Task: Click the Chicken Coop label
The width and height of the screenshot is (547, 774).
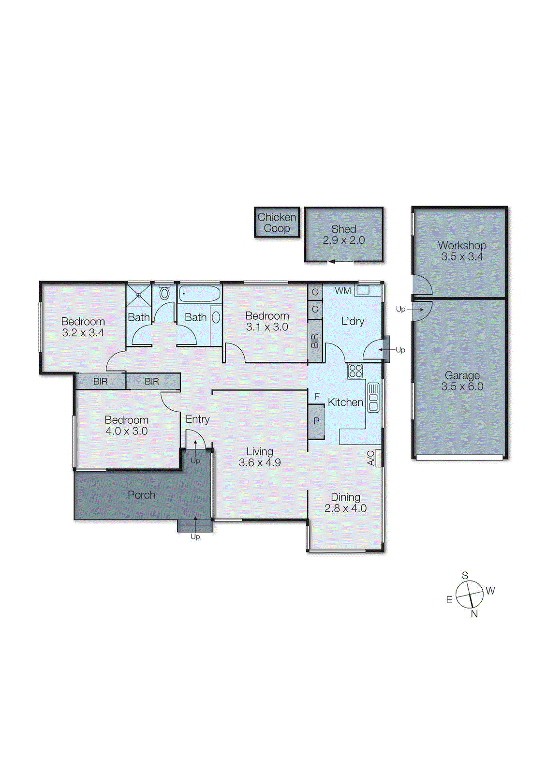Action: click(277, 223)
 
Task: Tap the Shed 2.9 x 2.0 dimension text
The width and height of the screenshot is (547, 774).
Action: click(344, 240)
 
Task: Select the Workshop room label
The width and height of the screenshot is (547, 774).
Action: click(462, 245)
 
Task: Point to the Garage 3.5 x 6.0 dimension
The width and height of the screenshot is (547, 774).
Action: click(462, 387)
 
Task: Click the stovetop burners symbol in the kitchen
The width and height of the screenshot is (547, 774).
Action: click(355, 371)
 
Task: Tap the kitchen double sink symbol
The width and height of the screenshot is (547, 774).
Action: click(373, 397)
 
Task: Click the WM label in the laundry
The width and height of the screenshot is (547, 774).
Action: click(343, 291)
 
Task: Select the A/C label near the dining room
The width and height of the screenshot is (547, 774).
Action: click(371, 458)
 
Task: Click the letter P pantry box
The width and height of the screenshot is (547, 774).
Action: click(316, 421)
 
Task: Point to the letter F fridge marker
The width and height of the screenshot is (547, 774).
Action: click(317, 396)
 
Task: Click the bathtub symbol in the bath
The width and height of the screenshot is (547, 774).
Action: click(199, 294)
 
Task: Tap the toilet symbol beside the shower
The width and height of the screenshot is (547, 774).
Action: click(164, 293)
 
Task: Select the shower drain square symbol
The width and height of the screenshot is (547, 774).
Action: click(138, 294)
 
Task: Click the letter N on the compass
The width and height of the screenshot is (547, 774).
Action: click(474, 614)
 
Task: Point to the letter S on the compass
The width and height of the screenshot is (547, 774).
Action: click(465, 575)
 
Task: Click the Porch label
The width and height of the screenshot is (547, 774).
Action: click(142, 495)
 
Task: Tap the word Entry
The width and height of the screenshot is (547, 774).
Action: click(197, 419)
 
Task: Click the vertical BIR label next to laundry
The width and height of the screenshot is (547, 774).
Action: click(315, 341)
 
